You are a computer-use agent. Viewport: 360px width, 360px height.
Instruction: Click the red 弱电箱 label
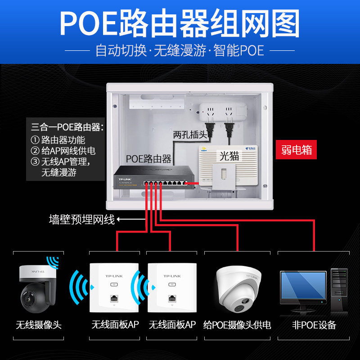297,150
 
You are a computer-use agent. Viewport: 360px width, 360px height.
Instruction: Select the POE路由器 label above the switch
148,158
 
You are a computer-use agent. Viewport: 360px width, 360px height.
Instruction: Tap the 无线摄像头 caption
38,324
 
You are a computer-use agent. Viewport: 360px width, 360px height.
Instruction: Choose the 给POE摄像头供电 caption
237,324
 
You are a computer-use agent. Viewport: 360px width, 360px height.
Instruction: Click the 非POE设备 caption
314,324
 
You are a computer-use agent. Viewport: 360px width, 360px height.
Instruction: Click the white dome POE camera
237,288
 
